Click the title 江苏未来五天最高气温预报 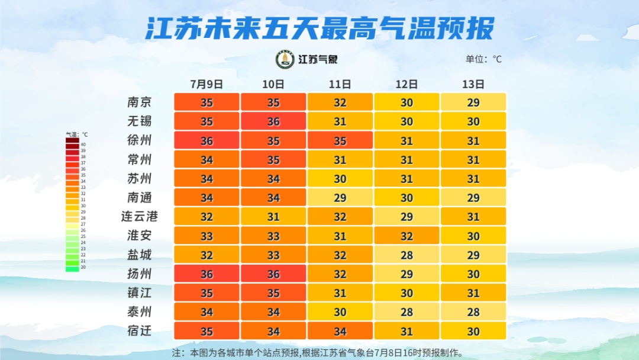319,28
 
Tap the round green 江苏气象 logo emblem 285,59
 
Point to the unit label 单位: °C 483,59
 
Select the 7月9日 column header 206,84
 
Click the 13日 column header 473,84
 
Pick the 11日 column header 340,84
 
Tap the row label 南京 140,102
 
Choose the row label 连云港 140,217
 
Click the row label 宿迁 140,330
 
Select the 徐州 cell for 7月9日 206,140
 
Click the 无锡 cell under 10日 273,121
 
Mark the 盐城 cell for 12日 406,255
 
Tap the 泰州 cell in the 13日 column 473,311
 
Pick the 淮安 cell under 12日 406,236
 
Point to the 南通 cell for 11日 340,198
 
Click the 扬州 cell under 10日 273,274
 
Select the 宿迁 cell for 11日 340,330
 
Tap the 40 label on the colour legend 83,144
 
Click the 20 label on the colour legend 83,268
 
